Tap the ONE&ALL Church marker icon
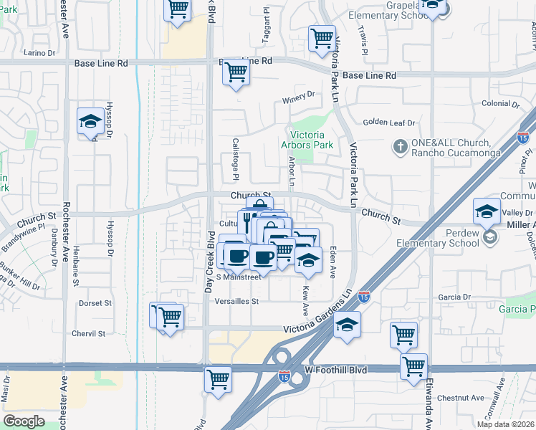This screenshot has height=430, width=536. [x=401, y=147]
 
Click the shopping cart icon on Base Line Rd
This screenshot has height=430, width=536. [x=236, y=72]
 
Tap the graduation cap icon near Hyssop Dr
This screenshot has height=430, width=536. [x=91, y=121]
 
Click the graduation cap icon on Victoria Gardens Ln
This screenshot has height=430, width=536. [x=347, y=325]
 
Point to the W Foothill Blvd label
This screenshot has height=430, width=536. [x=335, y=370]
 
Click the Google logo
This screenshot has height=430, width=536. [x=24, y=421]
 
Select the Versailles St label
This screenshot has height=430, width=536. [x=236, y=302]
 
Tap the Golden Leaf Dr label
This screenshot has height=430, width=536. [x=389, y=123]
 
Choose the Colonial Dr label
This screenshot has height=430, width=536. [x=500, y=103]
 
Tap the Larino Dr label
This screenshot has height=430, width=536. [x=39, y=53]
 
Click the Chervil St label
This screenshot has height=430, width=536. [x=88, y=334]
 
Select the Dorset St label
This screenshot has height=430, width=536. [x=95, y=303]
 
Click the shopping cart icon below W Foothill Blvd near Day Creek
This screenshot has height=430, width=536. [x=219, y=379]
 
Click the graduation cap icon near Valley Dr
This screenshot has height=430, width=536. [x=487, y=211]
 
